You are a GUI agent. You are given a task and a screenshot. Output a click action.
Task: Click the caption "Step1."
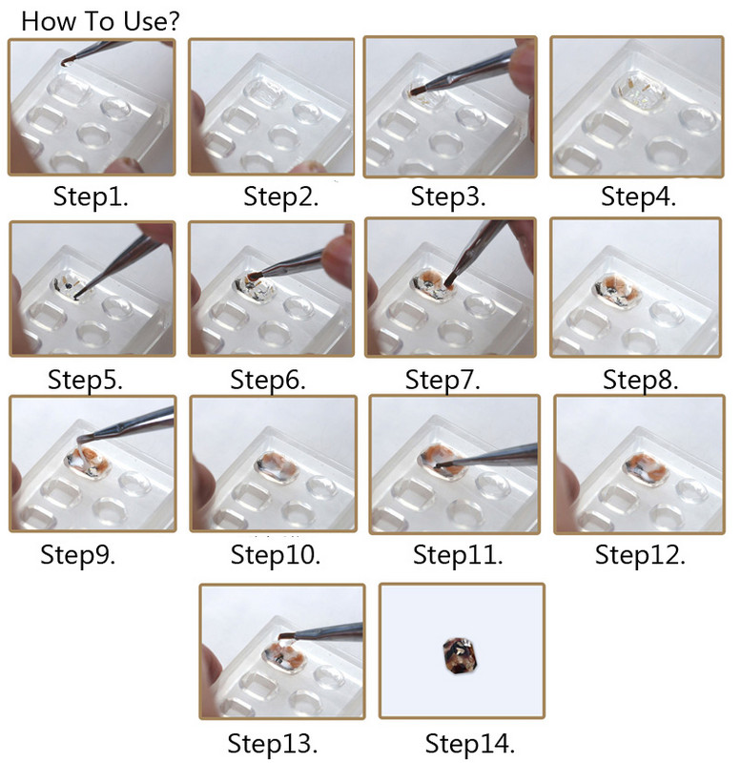[x=92, y=197]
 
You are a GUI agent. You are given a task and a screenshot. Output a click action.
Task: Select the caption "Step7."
[x=443, y=380]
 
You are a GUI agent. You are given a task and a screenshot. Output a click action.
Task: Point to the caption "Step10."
[x=276, y=554]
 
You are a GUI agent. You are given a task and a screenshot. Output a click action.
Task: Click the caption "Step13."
[x=273, y=741]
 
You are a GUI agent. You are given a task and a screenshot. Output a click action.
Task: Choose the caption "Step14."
[x=463, y=742]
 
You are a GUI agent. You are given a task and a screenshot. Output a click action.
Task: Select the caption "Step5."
[x=86, y=380]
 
